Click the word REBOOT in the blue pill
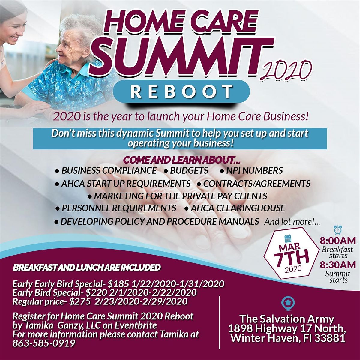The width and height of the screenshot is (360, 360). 181,91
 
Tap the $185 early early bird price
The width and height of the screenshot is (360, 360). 118,284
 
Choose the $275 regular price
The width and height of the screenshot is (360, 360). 80,301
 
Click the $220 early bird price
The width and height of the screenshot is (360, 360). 96,293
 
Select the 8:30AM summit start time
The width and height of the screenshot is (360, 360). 338,265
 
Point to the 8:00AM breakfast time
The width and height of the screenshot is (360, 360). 338,241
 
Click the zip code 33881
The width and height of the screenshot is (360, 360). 329,338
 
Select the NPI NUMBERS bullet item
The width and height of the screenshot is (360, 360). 251,170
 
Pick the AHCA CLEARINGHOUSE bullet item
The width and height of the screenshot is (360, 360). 235,208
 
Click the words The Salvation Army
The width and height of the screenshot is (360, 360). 286,319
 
